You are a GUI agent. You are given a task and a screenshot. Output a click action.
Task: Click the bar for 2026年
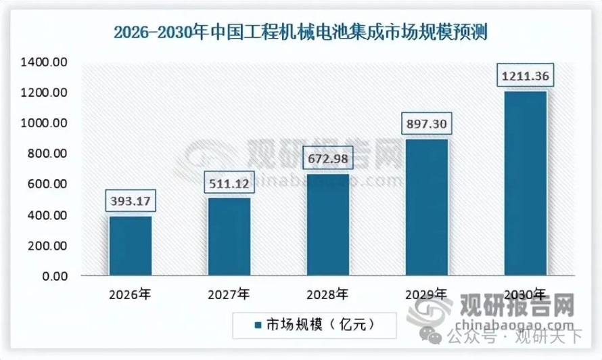click(131, 246)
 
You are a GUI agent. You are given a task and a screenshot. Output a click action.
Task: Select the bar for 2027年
click(229, 237)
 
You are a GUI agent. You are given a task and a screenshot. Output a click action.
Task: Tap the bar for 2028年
click(328, 225)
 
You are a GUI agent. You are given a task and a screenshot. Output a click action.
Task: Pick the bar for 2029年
click(427, 208)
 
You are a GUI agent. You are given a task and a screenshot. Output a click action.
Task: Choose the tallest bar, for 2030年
click(525, 183)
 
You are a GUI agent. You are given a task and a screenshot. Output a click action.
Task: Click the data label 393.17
click(131, 200)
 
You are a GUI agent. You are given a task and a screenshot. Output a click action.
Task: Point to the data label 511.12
click(229, 183)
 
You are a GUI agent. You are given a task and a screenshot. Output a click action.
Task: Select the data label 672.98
click(328, 158)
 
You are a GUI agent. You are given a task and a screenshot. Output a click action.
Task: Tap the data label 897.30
click(427, 124)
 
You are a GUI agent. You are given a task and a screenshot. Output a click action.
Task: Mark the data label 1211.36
click(525, 76)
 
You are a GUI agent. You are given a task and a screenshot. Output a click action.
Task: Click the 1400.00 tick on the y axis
click(44, 62)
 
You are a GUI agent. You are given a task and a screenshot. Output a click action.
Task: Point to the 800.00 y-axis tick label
click(47, 154)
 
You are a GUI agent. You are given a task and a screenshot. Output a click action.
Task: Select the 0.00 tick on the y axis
click(55, 276)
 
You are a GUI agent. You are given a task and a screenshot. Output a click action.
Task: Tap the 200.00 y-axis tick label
click(47, 246)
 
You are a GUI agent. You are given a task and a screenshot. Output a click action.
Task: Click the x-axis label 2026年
click(130, 294)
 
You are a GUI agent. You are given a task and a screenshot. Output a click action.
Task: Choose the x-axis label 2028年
click(327, 294)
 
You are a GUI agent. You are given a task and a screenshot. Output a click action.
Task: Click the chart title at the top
click(300, 32)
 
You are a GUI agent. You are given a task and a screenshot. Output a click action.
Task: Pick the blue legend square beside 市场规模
click(258, 325)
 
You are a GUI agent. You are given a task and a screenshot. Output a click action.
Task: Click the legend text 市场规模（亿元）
click(321, 325)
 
